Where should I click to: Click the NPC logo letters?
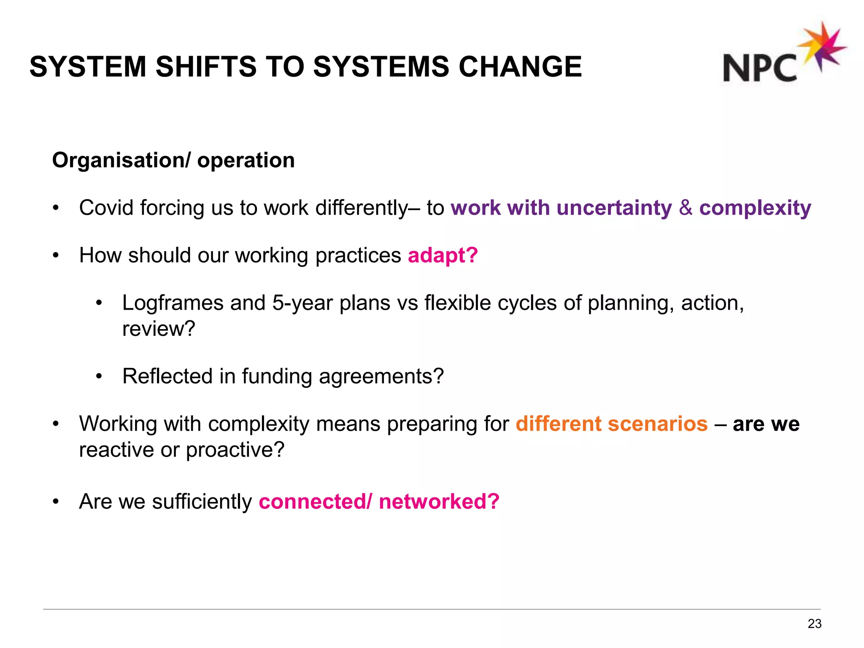coord(759,67)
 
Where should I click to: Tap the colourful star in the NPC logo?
coord(821,46)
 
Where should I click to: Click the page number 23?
coord(814,624)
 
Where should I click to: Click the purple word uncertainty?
coord(614,208)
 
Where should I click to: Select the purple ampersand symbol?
coord(686,208)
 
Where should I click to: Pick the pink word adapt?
coord(443,255)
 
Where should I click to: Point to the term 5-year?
coord(302,303)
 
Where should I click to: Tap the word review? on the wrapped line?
coord(159,329)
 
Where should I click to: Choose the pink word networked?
coord(439,502)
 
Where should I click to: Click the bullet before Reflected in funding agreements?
coord(99,376)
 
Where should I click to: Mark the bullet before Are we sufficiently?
coord(55,502)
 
